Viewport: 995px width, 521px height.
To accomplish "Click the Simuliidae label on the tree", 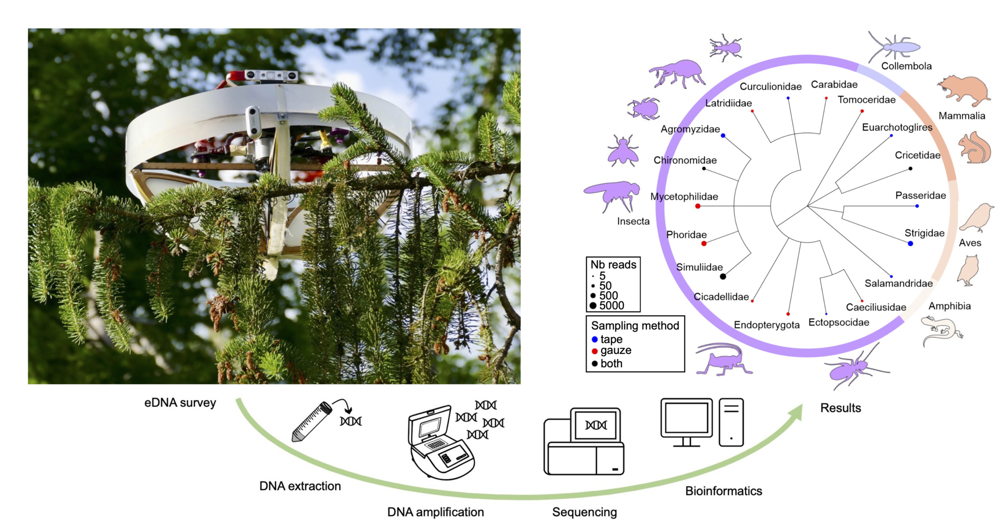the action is click(x=699, y=267).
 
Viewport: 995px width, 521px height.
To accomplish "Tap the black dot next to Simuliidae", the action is click(x=723, y=276).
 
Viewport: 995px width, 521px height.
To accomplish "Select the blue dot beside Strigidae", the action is click(x=911, y=243).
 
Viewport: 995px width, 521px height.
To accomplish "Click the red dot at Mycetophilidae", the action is click(x=698, y=206).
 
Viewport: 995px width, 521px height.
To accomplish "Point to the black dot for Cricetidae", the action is click(x=911, y=168).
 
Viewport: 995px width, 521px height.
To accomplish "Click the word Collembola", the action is click(x=906, y=66).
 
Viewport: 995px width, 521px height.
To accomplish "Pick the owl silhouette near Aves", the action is click(x=968, y=270).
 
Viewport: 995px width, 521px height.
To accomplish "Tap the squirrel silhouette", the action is click(x=974, y=148).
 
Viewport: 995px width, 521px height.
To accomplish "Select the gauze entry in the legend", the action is click(x=612, y=351).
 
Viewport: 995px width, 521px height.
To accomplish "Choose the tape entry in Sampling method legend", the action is click(x=607, y=340).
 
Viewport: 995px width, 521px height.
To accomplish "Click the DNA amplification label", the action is click(x=435, y=512).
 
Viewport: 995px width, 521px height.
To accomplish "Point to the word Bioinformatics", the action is click(x=723, y=491).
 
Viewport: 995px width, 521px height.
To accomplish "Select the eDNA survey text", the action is click(x=180, y=403).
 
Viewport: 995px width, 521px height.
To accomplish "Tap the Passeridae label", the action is click(x=920, y=195).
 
